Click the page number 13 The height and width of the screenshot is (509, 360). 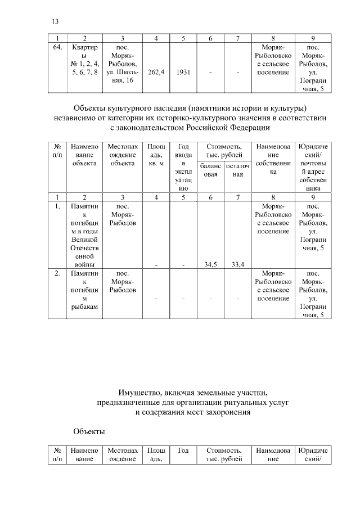click(x=55, y=21)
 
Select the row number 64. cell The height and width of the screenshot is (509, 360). click(x=57, y=48)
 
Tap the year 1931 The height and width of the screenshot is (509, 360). click(x=183, y=73)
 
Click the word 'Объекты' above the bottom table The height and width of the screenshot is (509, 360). click(x=89, y=431)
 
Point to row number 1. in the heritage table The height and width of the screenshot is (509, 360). click(x=57, y=206)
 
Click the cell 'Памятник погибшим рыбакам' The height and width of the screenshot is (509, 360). click(x=84, y=290)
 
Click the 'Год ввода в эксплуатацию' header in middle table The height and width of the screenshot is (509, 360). click(x=183, y=167)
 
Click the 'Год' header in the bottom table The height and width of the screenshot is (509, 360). click(x=183, y=450)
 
